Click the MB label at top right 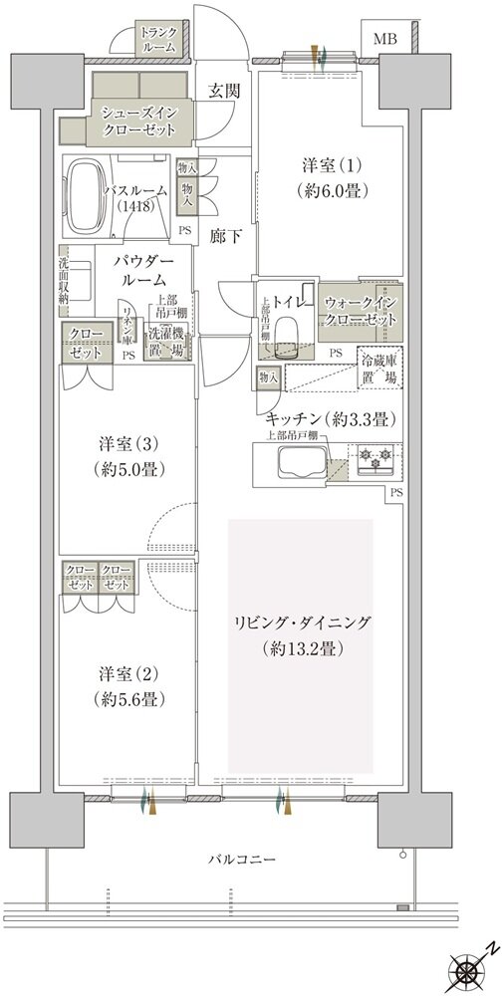pos(384,40)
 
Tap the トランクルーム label pos(158,40)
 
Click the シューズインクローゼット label pos(140,122)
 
